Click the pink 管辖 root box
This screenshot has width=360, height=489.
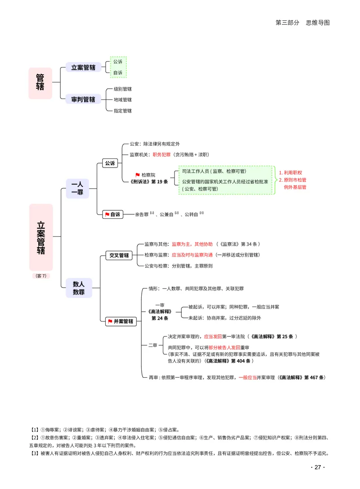pyautogui.click(x=40, y=83)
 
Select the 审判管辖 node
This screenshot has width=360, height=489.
pyautogui.click(x=83, y=99)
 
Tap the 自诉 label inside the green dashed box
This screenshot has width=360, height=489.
pyautogui.click(x=118, y=72)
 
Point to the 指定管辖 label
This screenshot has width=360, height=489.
pyautogui.click(x=122, y=111)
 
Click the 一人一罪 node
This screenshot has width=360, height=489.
pyautogui.click(x=77, y=188)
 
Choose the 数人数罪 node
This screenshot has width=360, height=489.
pyautogui.click(x=79, y=288)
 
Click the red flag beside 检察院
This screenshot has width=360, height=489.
pyautogui.click(x=137, y=175)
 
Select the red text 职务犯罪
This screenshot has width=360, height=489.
pyautogui.click(x=162, y=155)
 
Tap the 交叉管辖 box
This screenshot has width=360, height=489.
pyautogui.click(x=119, y=255)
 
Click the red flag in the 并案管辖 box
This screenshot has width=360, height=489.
pyautogui.click(x=110, y=321)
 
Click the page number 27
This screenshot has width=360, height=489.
pyautogui.click(x=318, y=467)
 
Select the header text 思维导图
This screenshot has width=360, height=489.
pyautogui.click(x=318, y=23)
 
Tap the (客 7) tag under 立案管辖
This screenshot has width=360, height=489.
pyautogui.click(x=41, y=276)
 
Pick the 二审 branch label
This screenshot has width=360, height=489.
pyautogui.click(x=153, y=345)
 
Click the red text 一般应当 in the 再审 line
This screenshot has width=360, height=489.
pyautogui.click(x=248, y=377)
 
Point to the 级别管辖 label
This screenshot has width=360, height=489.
pyautogui.click(x=122, y=89)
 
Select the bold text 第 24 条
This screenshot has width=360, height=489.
pyautogui.click(x=160, y=318)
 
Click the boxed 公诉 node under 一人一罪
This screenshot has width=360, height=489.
pyautogui.click(x=110, y=163)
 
